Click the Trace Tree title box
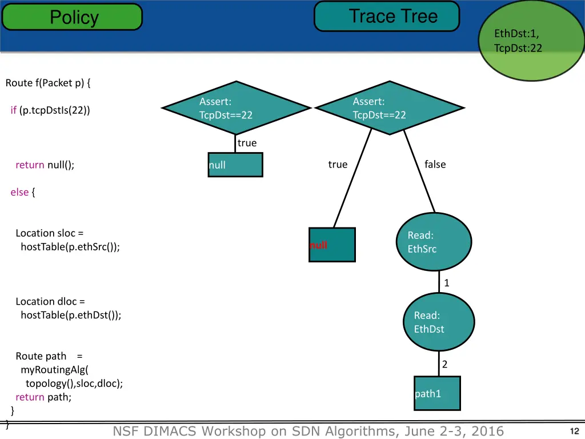387,16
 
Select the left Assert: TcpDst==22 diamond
235,108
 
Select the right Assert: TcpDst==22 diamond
389,108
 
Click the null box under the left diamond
235,165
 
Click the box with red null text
332,245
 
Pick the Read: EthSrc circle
434,242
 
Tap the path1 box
437,393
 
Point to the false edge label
435,165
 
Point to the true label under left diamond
247,143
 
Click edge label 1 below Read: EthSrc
447,283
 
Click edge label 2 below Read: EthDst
444,364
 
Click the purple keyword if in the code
13,110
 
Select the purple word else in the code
19,192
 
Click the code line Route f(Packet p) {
48,83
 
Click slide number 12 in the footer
575,432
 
